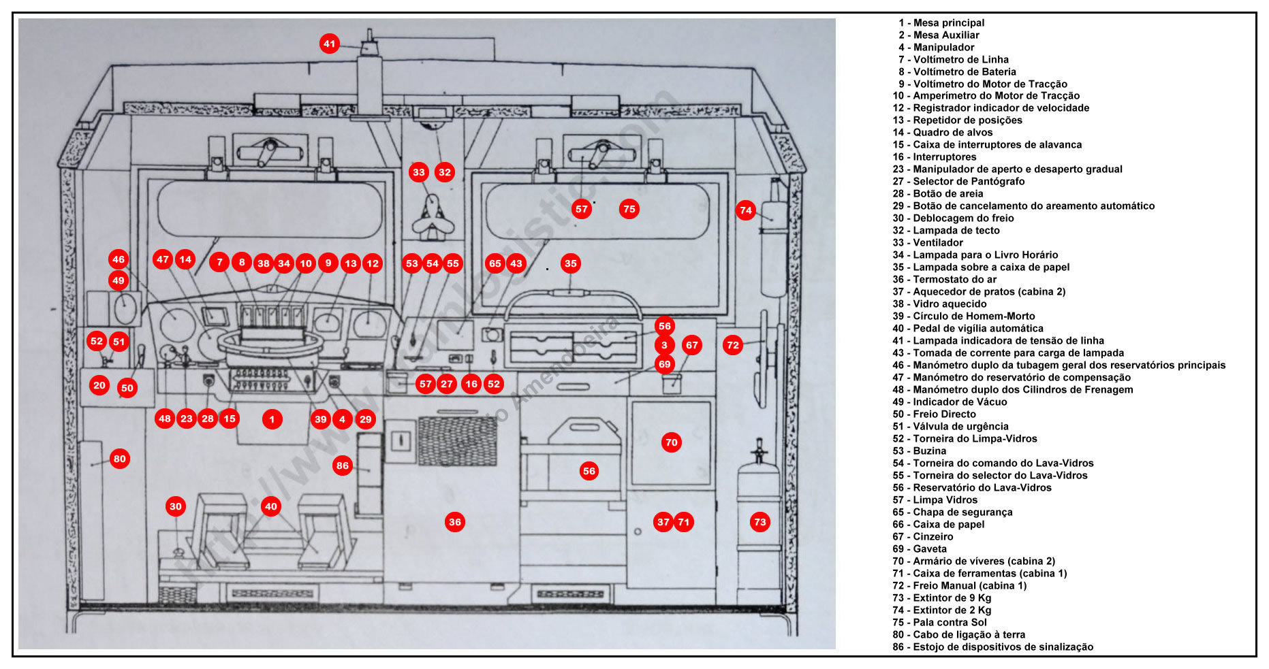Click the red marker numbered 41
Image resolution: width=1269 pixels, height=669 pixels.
[330, 44]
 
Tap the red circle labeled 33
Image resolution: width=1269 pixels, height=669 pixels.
[418, 172]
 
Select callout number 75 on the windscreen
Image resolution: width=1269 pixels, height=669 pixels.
[629, 209]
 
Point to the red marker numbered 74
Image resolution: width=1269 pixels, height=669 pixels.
[746, 210]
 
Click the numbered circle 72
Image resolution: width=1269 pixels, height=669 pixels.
[733, 345]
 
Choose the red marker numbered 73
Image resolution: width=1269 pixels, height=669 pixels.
[759, 522]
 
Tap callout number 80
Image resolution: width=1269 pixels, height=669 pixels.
[120, 459]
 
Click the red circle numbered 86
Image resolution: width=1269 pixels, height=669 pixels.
[342, 466]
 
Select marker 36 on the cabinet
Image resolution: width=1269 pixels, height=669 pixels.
[454, 522]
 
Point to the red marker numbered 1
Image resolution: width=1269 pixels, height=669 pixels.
[272, 419]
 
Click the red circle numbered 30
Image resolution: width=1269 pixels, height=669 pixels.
[176, 506]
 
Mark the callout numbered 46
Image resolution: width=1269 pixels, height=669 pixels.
[119, 259]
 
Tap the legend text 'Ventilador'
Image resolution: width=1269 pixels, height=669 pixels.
[937, 243]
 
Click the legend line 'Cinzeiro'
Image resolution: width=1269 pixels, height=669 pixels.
[933, 537]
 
